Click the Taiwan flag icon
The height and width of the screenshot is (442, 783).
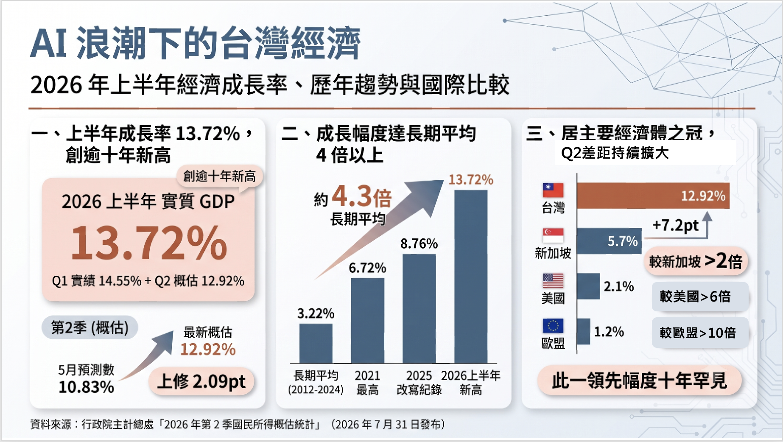tap(553, 190)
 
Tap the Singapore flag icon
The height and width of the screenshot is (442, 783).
tap(553, 235)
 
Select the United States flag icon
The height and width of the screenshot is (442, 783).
tap(553, 280)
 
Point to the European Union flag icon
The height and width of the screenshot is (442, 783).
tap(553, 326)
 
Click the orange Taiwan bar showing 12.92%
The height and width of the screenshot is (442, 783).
tap(653, 196)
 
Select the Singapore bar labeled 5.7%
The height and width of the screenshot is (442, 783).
tap(609, 241)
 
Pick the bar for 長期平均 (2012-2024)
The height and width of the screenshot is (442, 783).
tap(316, 344)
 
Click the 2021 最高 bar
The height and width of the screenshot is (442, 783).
tap(368, 321)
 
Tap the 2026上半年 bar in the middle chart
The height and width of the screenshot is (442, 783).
tap(471, 277)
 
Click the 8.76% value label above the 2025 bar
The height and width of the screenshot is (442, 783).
tap(419, 243)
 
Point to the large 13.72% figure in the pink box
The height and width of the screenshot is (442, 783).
tap(149, 243)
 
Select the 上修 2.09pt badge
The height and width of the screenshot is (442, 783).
tap(201, 381)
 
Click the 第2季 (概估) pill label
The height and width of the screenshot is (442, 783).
tap(90, 327)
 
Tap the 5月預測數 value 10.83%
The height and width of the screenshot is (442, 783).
tap(87, 387)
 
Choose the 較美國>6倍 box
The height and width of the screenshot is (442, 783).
tap(700, 297)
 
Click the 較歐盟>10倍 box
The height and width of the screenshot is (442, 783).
tap(700, 333)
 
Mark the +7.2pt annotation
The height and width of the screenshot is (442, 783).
tap(675, 225)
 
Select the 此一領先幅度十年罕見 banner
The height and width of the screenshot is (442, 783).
tap(640, 380)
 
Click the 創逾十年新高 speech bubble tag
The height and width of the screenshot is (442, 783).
tap(220, 176)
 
